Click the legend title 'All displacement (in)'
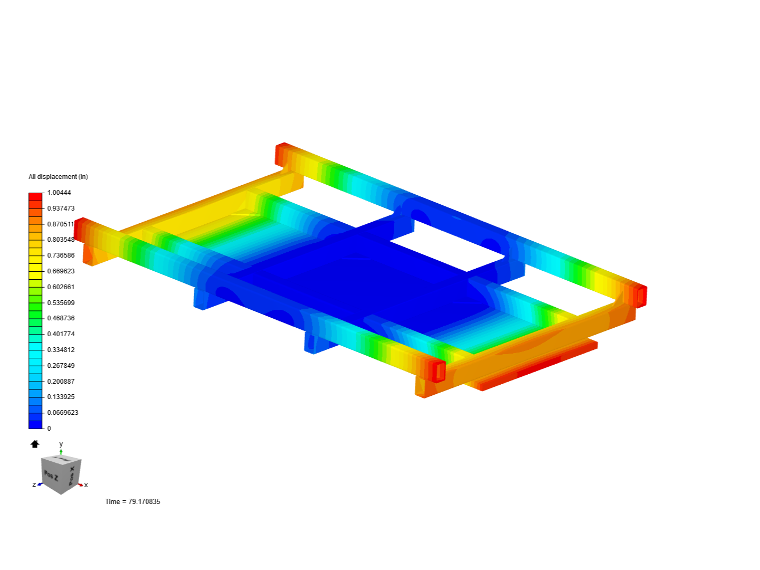[x=58, y=177]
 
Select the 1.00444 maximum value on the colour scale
[x=59, y=193]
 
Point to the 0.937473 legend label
[x=61, y=208]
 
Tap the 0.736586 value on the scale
[x=61, y=255]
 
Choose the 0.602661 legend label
[x=61, y=287]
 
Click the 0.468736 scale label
[x=61, y=318]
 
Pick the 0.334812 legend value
[x=61, y=349]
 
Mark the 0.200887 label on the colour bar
[x=61, y=381]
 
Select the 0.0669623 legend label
[x=63, y=413]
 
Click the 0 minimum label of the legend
[x=49, y=429]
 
